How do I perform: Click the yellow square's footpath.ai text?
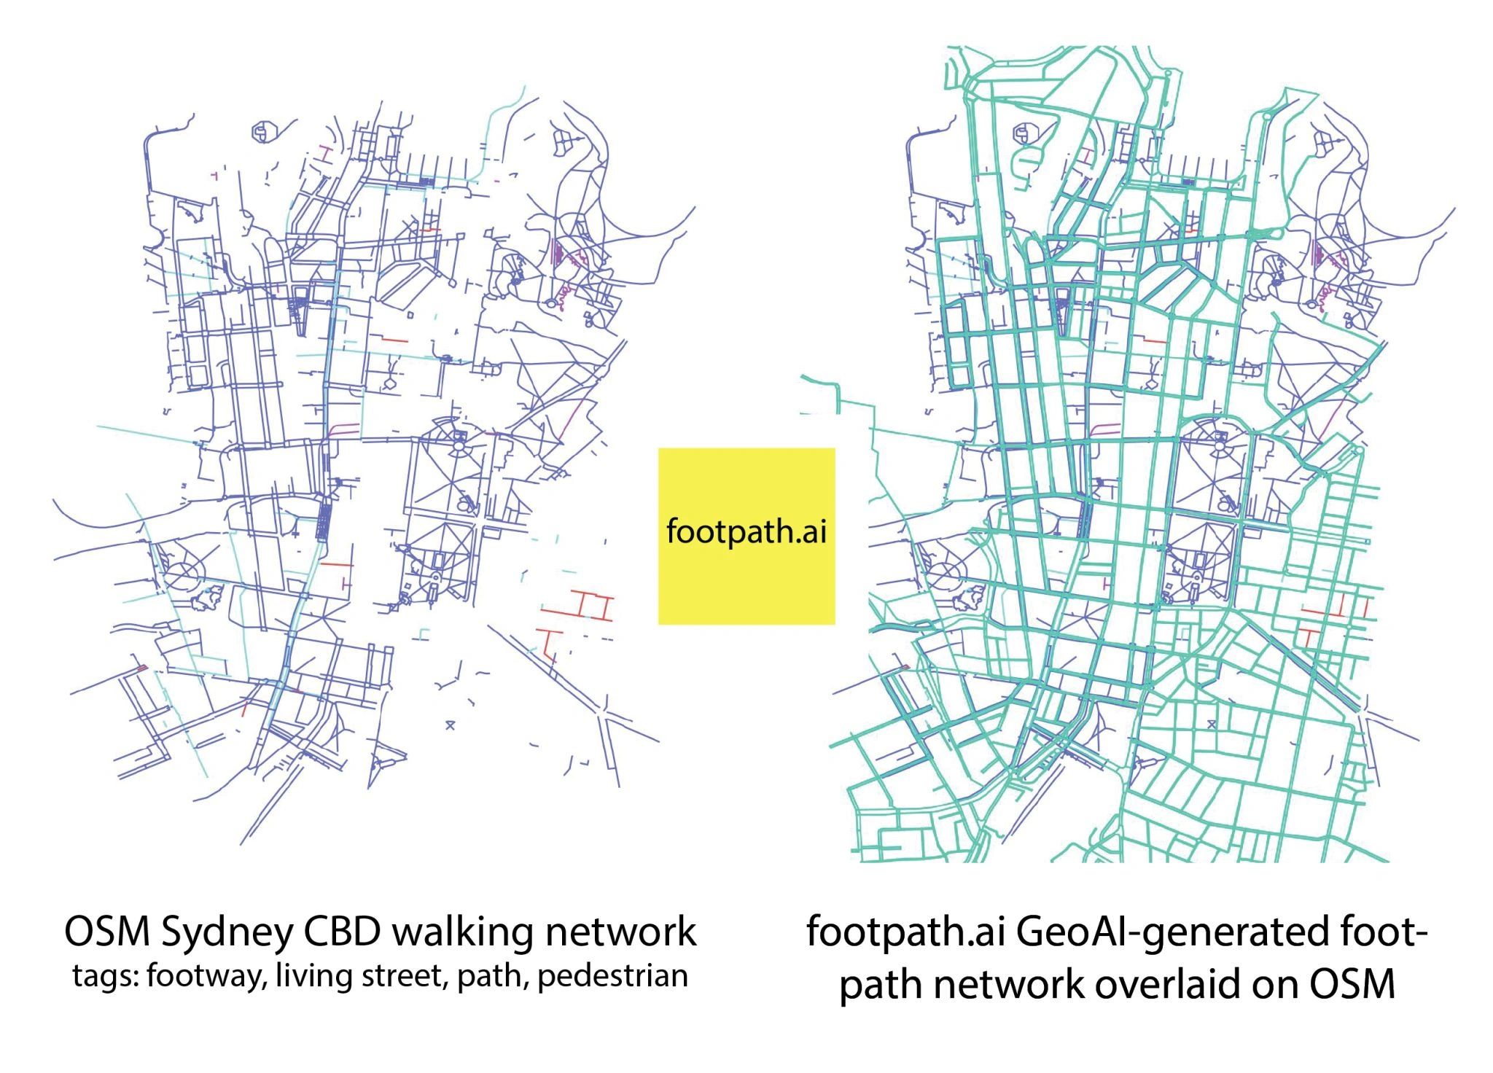click(746, 531)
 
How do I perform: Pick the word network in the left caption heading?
click(621, 932)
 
